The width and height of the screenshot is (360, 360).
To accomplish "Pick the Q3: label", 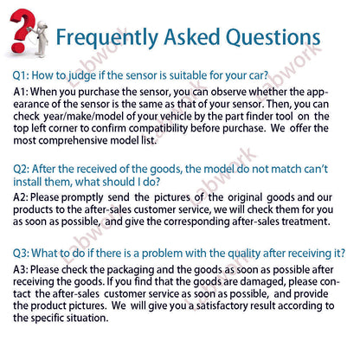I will coord(24,255).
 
